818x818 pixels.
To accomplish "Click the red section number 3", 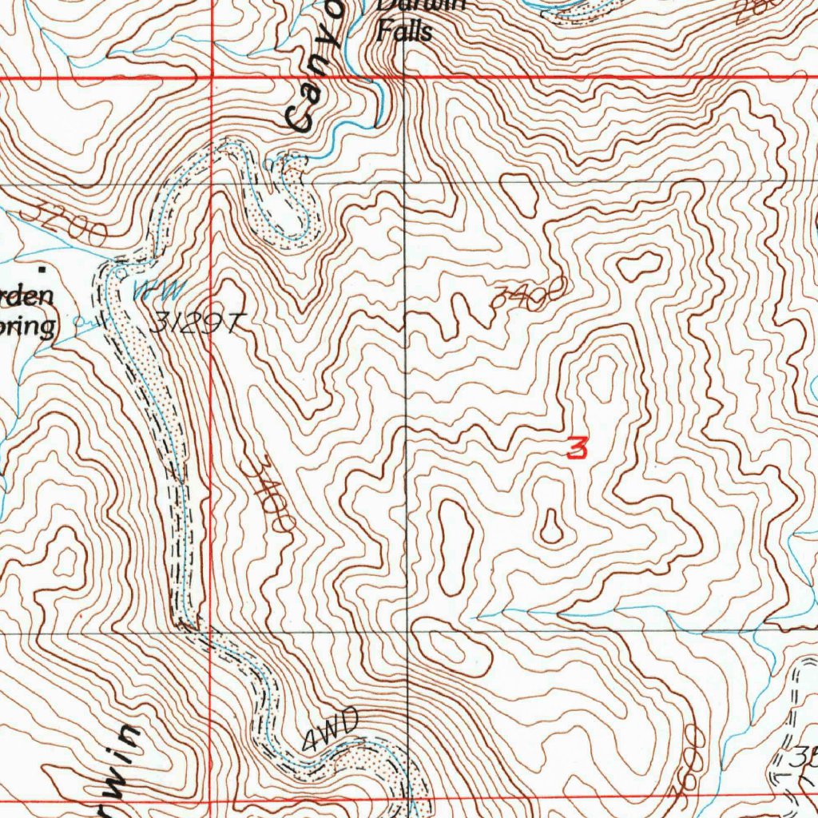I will tap(577, 447).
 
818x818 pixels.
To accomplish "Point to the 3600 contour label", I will tap(685, 759).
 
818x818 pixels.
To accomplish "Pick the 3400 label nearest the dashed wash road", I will tap(268, 494).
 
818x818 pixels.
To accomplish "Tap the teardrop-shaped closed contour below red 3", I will tap(551, 525).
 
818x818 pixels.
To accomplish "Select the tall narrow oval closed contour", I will tap(455, 547).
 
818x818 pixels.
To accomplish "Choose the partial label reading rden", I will tap(28, 295).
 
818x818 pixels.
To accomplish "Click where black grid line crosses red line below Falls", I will tap(404, 77).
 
